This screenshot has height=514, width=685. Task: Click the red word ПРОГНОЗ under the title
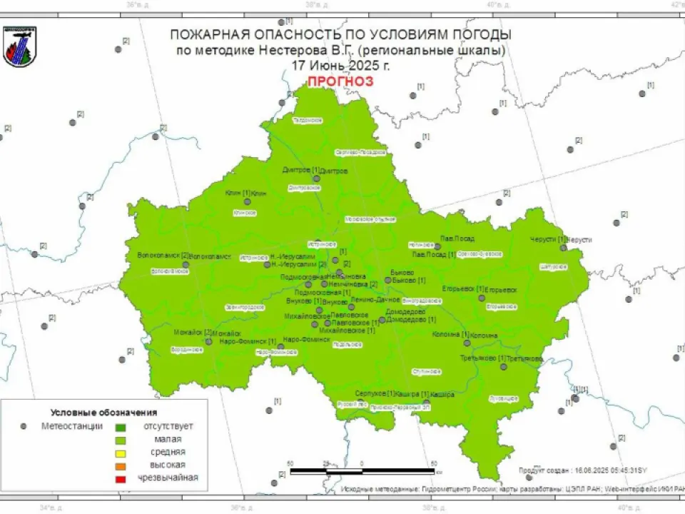pyautogui.click(x=340, y=81)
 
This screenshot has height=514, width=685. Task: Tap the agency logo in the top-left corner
pyautogui.click(x=19, y=47)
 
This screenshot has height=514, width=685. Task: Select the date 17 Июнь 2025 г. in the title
pyautogui.click(x=340, y=65)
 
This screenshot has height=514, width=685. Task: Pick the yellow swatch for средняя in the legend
pyautogui.click(x=120, y=453)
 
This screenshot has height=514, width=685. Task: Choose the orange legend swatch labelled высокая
pyautogui.click(x=120, y=465)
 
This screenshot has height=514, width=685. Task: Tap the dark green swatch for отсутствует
pyautogui.click(x=120, y=427)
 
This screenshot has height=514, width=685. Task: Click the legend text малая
pyautogui.click(x=168, y=439)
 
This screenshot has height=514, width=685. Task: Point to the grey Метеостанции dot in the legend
pyautogui.click(x=24, y=426)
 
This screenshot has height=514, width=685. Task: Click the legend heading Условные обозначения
pyautogui.click(x=103, y=413)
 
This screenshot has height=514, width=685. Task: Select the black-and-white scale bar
pyautogui.click(x=363, y=471)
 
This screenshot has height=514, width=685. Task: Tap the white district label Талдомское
pyautogui.click(x=308, y=120)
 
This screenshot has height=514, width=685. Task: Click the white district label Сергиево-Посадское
pyautogui.click(x=360, y=152)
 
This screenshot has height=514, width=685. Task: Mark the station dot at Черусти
pyautogui.click(x=563, y=247)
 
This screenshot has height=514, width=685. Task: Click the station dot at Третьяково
pyautogui.click(x=504, y=367)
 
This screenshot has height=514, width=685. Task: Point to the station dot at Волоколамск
pyautogui.click(x=186, y=264)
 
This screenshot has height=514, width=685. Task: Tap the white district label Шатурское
pyautogui.click(x=554, y=266)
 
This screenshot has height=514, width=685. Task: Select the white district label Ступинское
pyautogui.click(x=428, y=371)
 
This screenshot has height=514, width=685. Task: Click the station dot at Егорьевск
pyautogui.click(x=481, y=297)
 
